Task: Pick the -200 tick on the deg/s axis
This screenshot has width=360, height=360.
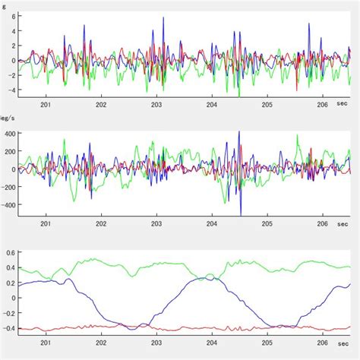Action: tap(6, 187)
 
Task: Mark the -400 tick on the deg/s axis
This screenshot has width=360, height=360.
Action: tap(6, 205)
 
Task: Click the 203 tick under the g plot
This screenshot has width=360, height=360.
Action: tap(156, 107)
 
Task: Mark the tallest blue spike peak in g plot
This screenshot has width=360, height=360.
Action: tap(163, 18)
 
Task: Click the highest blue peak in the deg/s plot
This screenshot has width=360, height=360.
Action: tap(239, 131)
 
